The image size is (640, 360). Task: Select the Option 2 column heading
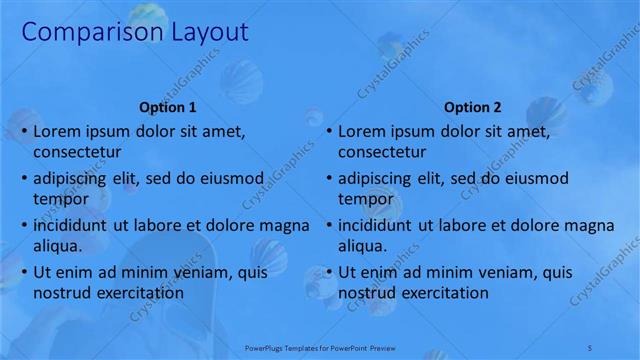click(472, 107)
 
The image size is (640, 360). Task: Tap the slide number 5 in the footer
click(591, 347)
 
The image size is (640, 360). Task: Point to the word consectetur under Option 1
click(77, 152)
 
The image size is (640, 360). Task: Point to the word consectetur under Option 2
click(382, 152)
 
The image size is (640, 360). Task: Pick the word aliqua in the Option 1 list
click(57, 246)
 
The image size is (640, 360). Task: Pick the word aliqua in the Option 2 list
click(362, 246)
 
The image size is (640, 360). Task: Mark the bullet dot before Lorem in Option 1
click(23, 131)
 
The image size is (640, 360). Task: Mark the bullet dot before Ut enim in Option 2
click(328, 272)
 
